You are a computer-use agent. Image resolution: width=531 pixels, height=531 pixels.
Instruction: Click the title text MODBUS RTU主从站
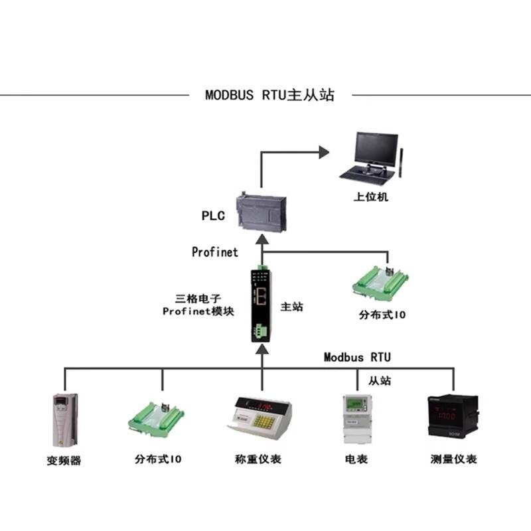[269, 95]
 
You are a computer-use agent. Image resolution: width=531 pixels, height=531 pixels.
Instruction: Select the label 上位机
[370, 197]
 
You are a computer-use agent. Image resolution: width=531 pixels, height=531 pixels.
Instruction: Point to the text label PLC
[213, 216]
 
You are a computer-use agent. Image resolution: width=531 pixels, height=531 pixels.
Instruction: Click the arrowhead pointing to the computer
[323, 152]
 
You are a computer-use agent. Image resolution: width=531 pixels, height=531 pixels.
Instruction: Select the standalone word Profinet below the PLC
[214, 252]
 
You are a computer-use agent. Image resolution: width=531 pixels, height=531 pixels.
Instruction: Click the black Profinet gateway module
[261, 303]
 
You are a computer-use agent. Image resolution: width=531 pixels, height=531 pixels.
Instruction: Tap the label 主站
[292, 307]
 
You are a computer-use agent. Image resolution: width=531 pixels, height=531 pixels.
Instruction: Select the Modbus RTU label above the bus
[357, 357]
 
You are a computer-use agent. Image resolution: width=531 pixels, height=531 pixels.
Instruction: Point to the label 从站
[379, 380]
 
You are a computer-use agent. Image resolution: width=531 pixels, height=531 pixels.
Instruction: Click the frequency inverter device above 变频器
[64, 419]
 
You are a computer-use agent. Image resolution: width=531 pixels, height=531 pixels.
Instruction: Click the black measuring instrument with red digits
[453, 416]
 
